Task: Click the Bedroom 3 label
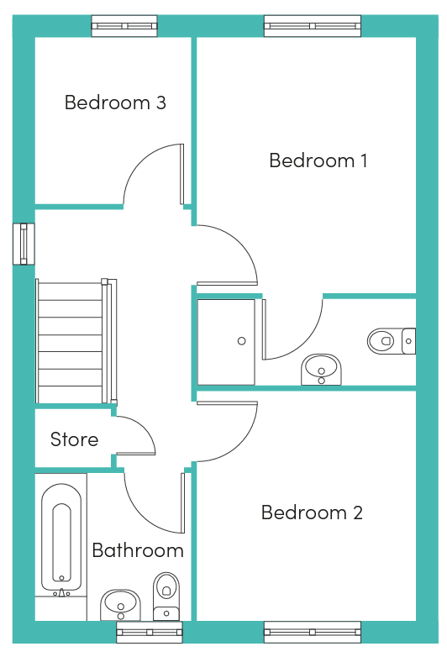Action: tap(115, 102)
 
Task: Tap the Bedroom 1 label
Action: tap(318, 160)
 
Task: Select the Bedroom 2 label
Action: tap(312, 512)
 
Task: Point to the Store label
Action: tap(74, 439)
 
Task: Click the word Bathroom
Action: tap(138, 550)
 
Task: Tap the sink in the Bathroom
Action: tap(121, 605)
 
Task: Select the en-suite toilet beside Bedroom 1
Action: tap(392, 341)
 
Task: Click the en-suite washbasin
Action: tap(321, 370)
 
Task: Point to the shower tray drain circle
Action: tap(242, 341)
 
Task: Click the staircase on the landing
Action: tap(76, 341)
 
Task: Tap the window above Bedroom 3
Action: tap(124, 26)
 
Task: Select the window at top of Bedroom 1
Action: tap(313, 26)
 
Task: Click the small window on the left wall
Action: tap(24, 244)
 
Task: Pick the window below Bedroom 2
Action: tap(313, 632)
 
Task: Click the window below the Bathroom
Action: tap(150, 632)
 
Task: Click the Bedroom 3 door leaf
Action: tap(181, 174)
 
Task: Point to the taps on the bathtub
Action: tap(61, 593)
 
